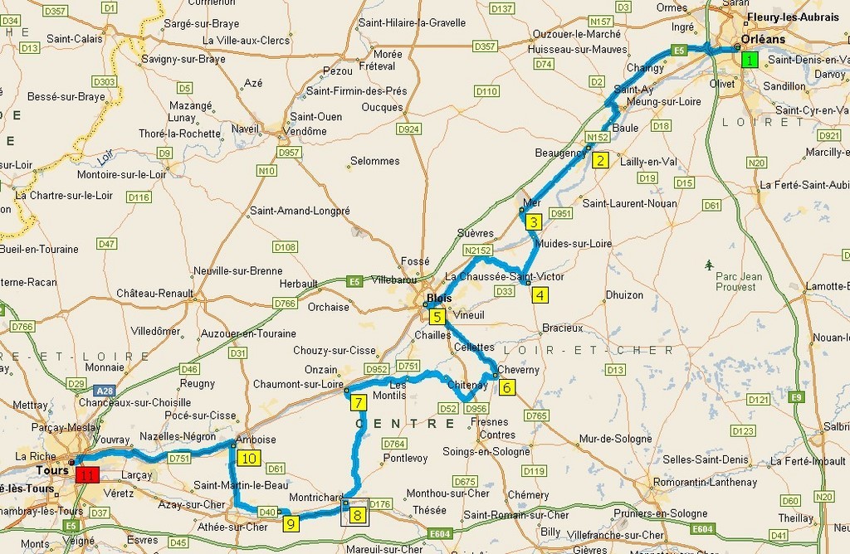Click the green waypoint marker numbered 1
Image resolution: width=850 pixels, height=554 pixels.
(x=750, y=60)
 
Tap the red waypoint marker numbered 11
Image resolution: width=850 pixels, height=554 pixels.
(x=87, y=475)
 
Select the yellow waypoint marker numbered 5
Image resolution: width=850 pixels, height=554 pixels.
(x=437, y=315)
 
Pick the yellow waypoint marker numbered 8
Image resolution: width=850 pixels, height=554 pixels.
(x=357, y=516)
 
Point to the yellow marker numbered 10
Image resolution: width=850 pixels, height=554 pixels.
(x=249, y=457)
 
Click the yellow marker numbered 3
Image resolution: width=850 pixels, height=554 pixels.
(x=534, y=221)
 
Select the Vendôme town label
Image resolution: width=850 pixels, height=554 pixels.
(x=310, y=131)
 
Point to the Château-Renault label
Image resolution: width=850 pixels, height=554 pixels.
(x=154, y=293)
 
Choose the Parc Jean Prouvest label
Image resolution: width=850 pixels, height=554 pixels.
(x=736, y=282)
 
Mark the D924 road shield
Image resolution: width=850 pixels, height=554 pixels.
(x=408, y=129)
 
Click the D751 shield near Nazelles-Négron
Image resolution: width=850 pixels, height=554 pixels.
(x=179, y=458)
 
